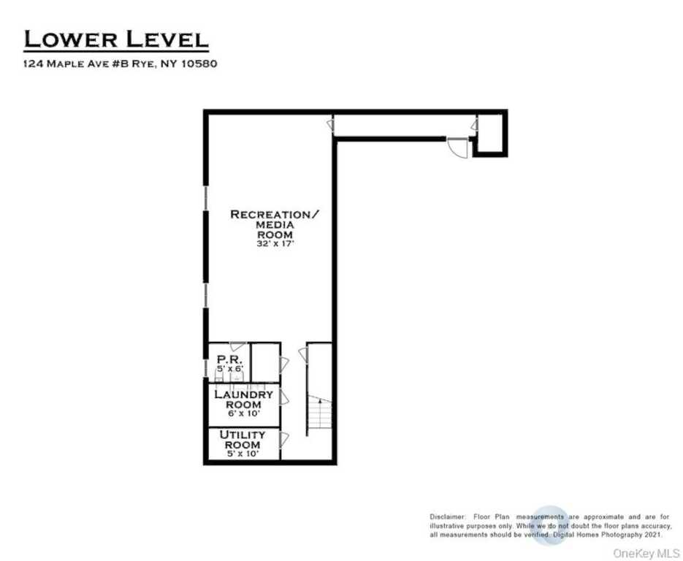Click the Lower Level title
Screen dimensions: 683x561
click(116, 39)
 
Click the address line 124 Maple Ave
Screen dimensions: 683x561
click(121, 64)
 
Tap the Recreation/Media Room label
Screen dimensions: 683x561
click(275, 225)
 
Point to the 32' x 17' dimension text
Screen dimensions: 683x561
click(275, 244)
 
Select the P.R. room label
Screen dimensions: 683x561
click(229, 360)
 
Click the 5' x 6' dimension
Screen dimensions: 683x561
click(230, 368)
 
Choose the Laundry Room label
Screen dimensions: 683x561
click(243, 400)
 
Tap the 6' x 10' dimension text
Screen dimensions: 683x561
click(244, 413)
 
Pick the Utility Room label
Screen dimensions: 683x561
click(243, 440)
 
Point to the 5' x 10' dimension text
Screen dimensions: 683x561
click(243, 454)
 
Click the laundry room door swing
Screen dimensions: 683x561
click(284, 397)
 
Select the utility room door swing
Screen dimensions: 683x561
click(284, 440)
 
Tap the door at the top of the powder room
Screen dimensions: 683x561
click(237, 347)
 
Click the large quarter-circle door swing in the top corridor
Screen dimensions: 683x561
click(458, 148)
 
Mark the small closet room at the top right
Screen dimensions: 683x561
click(490, 133)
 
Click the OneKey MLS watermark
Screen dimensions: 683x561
click(646, 553)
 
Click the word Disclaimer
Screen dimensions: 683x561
click(447, 517)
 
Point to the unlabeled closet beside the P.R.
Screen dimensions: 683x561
click(265, 363)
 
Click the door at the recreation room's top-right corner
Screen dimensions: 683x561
click(331, 126)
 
